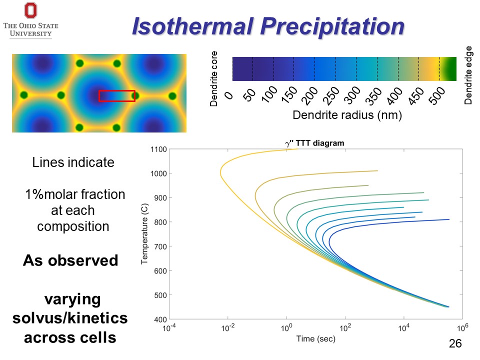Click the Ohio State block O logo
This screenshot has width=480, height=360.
(30, 11)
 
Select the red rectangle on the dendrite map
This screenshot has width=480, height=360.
(117, 96)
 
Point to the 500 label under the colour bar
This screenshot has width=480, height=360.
(435, 94)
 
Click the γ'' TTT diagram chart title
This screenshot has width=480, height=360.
(314, 143)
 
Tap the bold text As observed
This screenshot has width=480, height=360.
(70, 261)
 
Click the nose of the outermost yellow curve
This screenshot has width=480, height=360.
(220, 174)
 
